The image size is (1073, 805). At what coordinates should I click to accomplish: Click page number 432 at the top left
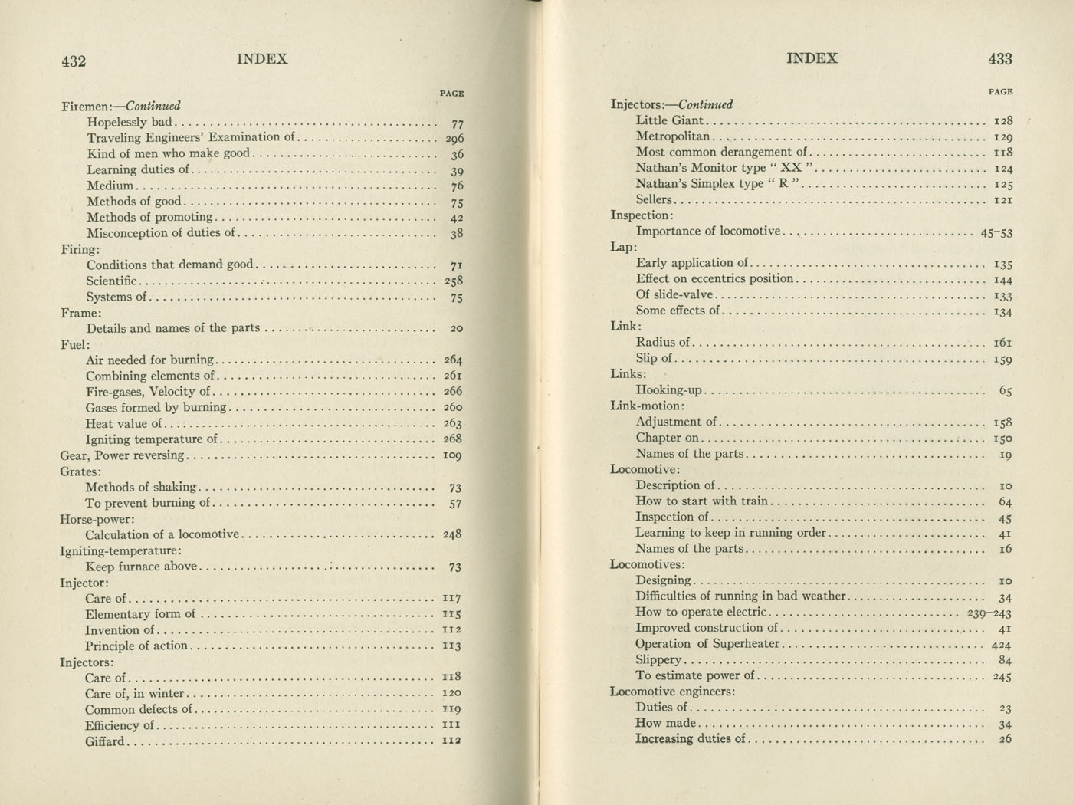pyautogui.click(x=74, y=61)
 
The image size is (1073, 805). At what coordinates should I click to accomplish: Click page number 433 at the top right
pyautogui.click(x=1000, y=59)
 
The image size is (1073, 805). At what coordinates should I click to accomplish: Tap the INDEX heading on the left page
pyautogui.click(x=262, y=59)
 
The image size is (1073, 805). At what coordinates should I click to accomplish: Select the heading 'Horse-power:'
pyautogui.click(x=97, y=519)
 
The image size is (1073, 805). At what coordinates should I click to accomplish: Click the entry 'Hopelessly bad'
pyautogui.click(x=130, y=122)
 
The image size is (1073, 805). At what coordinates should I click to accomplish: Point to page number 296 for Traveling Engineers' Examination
pyautogui.click(x=454, y=139)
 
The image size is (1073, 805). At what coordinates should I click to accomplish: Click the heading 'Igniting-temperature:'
pyautogui.click(x=120, y=550)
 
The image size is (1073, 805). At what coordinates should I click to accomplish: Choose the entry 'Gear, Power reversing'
pyautogui.click(x=123, y=455)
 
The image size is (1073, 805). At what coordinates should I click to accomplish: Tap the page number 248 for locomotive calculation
pyautogui.click(x=452, y=534)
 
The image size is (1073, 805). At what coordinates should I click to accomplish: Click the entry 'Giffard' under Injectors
pyautogui.click(x=104, y=741)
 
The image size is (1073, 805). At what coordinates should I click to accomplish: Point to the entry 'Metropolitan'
pyautogui.click(x=673, y=136)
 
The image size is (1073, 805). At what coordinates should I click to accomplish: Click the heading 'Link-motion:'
pyautogui.click(x=647, y=406)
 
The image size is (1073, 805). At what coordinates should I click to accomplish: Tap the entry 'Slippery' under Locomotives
pyautogui.click(x=658, y=659)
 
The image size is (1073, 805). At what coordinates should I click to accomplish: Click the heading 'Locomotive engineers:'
pyautogui.click(x=672, y=692)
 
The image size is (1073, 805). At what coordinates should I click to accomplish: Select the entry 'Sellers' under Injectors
pyautogui.click(x=653, y=199)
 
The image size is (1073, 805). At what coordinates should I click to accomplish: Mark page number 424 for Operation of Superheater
pyautogui.click(x=1001, y=645)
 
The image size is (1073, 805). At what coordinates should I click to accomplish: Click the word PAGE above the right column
pyautogui.click(x=1000, y=92)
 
